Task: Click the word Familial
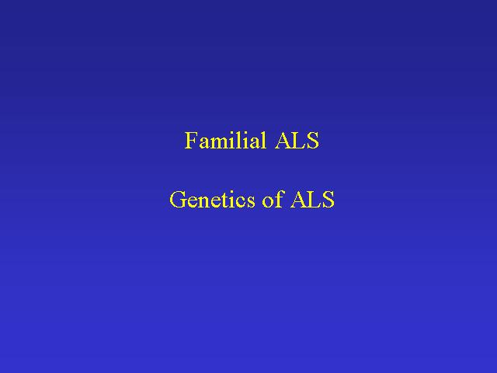click(225, 140)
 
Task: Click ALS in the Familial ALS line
click(297, 140)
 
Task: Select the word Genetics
click(212, 200)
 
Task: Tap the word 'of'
click(273, 199)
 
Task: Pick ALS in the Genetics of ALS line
click(312, 200)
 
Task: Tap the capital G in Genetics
click(178, 200)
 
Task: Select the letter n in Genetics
click(204, 202)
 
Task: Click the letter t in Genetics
click(224, 201)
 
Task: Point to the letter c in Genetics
click(242, 202)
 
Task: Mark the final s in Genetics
click(251, 202)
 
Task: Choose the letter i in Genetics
click(232, 200)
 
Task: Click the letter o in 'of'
click(268, 202)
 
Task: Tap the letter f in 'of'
click(278, 199)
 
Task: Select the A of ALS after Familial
click(283, 140)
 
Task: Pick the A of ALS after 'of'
click(299, 200)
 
